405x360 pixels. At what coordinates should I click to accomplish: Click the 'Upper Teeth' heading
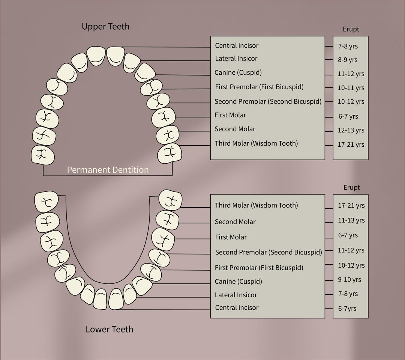(105, 26)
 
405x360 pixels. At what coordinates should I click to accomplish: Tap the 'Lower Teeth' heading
(109, 329)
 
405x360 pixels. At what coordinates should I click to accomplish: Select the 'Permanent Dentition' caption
(108, 170)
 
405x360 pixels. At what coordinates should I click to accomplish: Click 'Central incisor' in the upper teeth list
(237, 45)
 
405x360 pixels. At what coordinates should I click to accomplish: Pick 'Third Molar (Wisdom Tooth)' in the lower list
(256, 205)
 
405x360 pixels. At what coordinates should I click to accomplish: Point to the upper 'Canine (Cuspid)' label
(238, 73)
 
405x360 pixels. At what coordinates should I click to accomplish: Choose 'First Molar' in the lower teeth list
(231, 237)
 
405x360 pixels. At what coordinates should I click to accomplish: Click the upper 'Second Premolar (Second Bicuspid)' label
(268, 101)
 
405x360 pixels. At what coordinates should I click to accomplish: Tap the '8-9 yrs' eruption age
(348, 60)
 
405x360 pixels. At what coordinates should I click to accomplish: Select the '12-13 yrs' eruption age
(351, 130)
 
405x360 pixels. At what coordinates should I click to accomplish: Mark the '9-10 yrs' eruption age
(349, 280)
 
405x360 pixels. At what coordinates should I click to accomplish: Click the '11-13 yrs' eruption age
(351, 220)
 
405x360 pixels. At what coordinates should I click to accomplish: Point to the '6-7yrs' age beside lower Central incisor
(347, 309)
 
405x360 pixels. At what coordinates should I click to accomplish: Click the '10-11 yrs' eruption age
(351, 88)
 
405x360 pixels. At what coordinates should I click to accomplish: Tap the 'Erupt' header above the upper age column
(351, 29)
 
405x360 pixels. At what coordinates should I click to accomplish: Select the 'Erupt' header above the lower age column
(351, 187)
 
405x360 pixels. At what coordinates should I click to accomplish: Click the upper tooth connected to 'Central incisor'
(115, 56)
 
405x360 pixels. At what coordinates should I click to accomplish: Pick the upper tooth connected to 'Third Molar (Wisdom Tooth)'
(169, 153)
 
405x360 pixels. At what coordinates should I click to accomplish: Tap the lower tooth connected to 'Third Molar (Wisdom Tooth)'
(170, 200)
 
